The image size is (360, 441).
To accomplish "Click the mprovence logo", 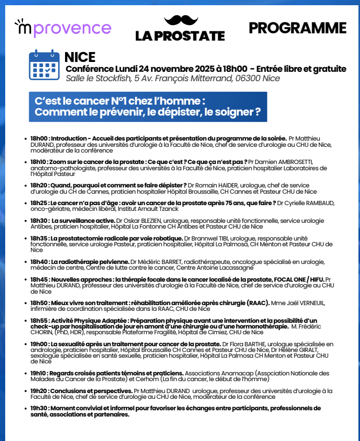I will (x=63, y=29).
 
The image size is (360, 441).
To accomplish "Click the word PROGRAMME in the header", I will (x=297, y=28).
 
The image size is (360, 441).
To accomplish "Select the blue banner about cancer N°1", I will (x=148, y=107).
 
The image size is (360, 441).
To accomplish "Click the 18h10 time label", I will (x=39, y=162).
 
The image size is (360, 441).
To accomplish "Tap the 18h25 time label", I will (x=39, y=203).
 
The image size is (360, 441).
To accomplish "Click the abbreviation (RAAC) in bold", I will (x=258, y=303).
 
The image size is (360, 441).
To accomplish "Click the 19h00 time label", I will (x=39, y=344).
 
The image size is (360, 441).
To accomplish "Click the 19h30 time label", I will (x=39, y=408).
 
